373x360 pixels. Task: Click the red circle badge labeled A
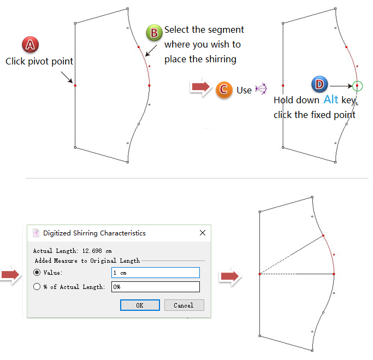coord(30,44)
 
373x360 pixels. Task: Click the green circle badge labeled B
coord(154,33)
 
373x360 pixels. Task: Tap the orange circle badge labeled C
coord(224,90)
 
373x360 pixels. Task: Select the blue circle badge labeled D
coord(319,84)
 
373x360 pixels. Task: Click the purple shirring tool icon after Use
coord(261,89)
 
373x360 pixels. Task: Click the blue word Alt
coord(331,99)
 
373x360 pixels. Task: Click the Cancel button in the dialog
coord(184,305)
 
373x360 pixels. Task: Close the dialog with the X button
coord(203,233)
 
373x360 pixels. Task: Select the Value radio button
coord(37,272)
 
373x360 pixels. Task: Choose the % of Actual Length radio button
coord(37,286)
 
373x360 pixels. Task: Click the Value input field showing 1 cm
coord(156,273)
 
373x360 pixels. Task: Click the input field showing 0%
coord(156,287)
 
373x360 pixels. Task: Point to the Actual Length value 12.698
coord(92,251)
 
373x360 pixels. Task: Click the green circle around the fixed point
coord(357,81)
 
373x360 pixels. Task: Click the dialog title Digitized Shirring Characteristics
coord(94,233)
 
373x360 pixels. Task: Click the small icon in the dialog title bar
coord(36,233)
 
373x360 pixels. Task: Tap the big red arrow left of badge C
coord(201,87)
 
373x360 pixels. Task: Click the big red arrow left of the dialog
coord(10,275)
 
